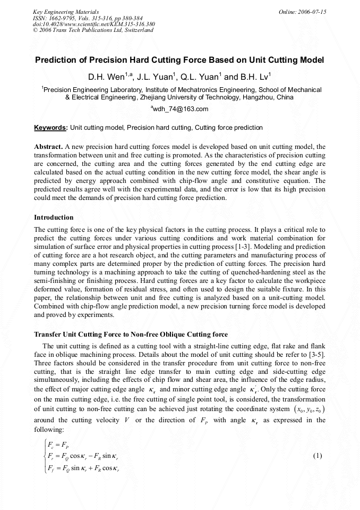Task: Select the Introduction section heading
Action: point(54,218)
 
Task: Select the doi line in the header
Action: point(94,24)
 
